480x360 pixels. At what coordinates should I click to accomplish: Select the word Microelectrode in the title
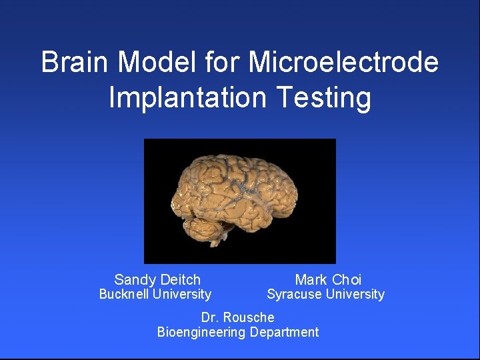pyautogui.click(x=343, y=63)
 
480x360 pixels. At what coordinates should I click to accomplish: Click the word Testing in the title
pyautogui.click(x=323, y=97)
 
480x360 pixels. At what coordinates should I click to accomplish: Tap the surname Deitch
pyautogui.click(x=179, y=280)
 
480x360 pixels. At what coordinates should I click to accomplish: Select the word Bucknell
pyautogui.click(x=124, y=294)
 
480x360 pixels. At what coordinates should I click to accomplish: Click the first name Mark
pyautogui.click(x=311, y=280)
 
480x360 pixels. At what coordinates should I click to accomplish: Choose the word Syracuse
pyautogui.click(x=294, y=294)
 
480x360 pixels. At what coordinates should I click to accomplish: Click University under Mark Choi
pyautogui.click(x=355, y=294)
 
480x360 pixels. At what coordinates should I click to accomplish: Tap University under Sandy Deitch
pyautogui.click(x=181, y=294)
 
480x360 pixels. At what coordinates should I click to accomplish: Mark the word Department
pyautogui.click(x=285, y=332)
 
